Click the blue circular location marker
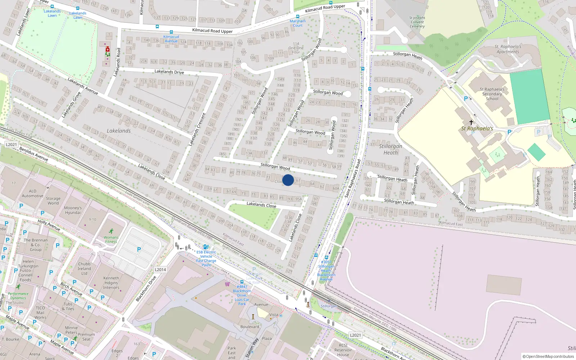pyautogui.click(x=288, y=180)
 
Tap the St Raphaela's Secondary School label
pyautogui.click(x=492, y=94)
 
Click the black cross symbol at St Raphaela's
pyautogui.click(x=471, y=122)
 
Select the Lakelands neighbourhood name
pyautogui.click(x=119, y=131)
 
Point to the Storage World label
pyautogui.click(x=53, y=201)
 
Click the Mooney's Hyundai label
pyautogui.click(x=73, y=210)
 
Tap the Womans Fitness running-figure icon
pyautogui.click(x=111, y=231)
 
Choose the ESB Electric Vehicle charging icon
pyautogui.click(x=206, y=247)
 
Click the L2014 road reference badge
pyautogui.click(x=161, y=270)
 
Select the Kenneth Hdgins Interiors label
pyautogui.click(x=111, y=283)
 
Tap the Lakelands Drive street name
pyautogui.click(x=169, y=72)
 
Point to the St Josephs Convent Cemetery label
pyautogui.click(x=417, y=22)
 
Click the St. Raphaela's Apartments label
pyautogui.click(x=508, y=49)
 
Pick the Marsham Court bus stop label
pyautogui.click(x=298, y=23)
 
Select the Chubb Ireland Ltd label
pyautogui.click(x=84, y=269)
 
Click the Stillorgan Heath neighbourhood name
pyautogui.click(x=391, y=149)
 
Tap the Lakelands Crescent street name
pyautogui.click(x=197, y=130)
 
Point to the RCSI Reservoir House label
pyautogui.click(x=343, y=350)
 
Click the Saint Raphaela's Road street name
pyautogui.click(x=352, y=179)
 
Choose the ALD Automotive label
pyautogui.click(x=32, y=194)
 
